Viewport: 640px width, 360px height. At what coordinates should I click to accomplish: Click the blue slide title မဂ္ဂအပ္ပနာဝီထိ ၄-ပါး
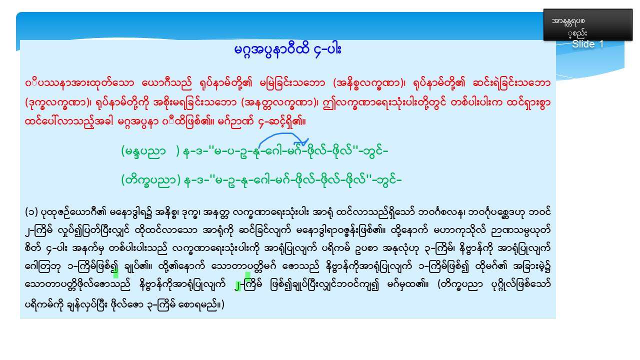287,50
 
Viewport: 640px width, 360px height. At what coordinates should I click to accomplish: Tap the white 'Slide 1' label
587,44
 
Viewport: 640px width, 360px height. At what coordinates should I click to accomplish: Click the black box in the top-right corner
587,24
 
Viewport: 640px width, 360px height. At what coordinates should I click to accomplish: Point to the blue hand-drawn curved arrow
283,134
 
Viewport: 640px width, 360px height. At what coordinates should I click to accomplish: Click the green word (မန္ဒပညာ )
150,151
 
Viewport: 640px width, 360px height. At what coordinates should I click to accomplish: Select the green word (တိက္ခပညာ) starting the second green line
151,180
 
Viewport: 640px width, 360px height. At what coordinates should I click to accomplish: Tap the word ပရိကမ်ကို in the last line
44,305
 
